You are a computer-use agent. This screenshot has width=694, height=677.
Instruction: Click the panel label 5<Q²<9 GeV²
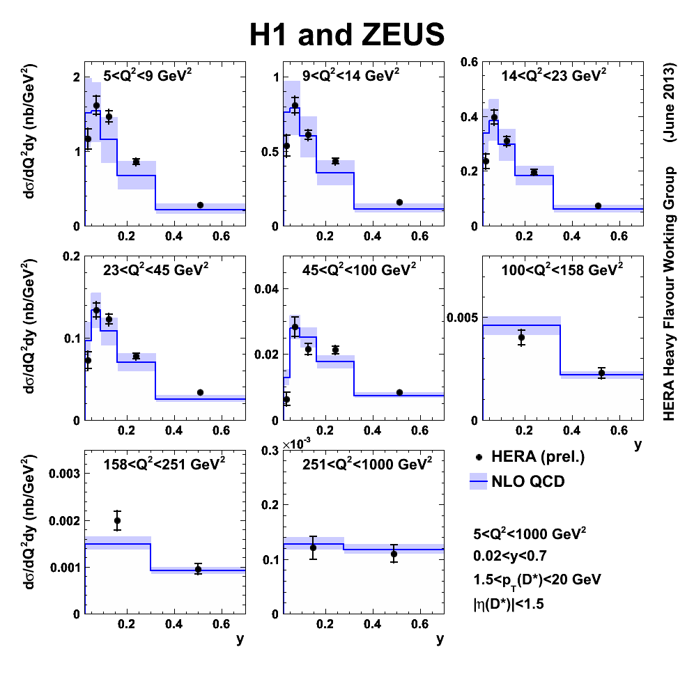[x=148, y=76]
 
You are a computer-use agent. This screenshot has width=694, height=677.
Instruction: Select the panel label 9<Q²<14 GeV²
[x=350, y=76]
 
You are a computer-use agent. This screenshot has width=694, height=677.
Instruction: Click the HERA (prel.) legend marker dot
[x=478, y=458]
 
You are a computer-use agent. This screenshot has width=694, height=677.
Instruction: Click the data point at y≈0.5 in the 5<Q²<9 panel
[x=200, y=205]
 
